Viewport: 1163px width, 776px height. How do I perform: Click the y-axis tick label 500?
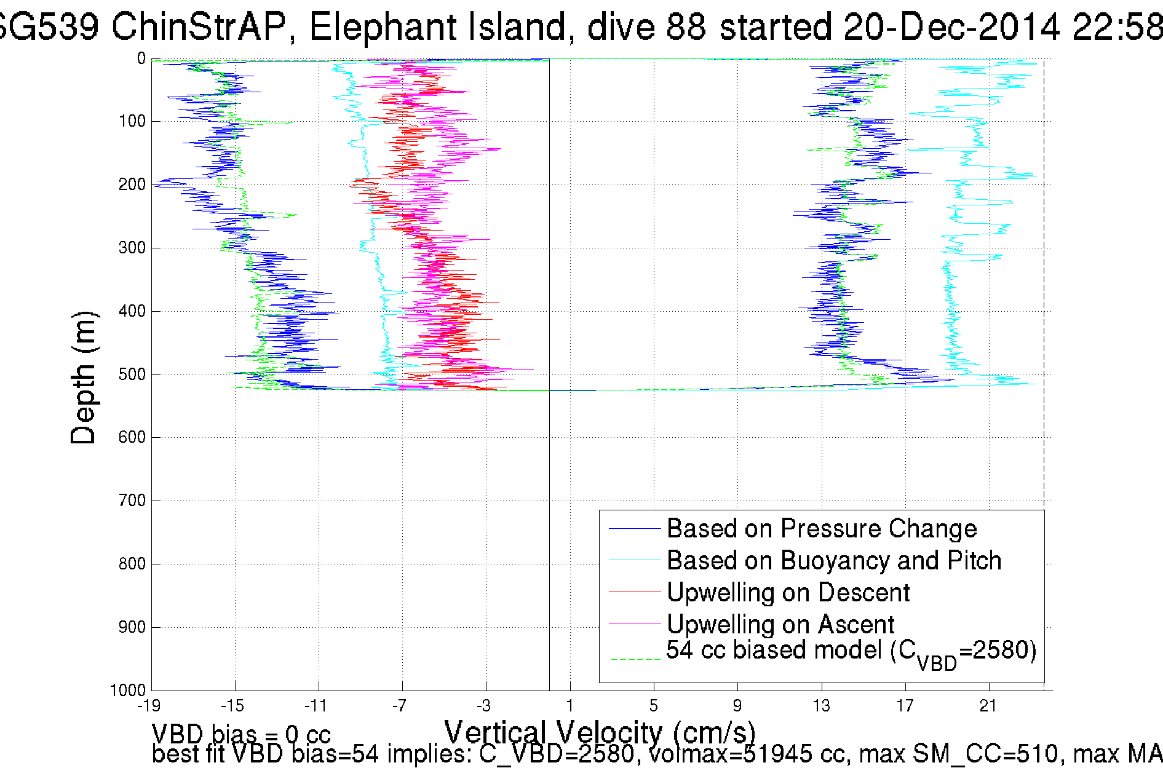pyautogui.click(x=132, y=374)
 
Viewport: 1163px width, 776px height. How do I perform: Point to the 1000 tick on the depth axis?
pyautogui.click(x=128, y=690)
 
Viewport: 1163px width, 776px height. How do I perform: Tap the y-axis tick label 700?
pyautogui.click(x=132, y=500)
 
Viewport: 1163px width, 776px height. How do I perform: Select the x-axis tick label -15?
pyautogui.click(x=232, y=705)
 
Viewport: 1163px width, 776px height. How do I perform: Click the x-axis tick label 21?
pyautogui.click(x=988, y=705)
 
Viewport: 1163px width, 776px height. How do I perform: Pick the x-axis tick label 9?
pyautogui.click(x=737, y=705)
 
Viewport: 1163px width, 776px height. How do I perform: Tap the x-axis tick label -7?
pyautogui.click(x=400, y=705)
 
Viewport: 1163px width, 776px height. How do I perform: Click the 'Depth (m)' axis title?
pyautogui.click(x=83, y=378)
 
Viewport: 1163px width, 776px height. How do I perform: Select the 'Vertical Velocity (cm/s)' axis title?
pyautogui.click(x=599, y=732)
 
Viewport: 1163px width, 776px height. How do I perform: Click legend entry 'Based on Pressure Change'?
pyautogui.click(x=822, y=528)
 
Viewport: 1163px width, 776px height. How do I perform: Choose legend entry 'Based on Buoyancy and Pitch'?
pyautogui.click(x=834, y=560)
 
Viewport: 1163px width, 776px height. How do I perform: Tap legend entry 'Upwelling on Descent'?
pyautogui.click(x=788, y=592)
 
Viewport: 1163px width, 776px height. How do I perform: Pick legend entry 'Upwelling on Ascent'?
pyautogui.click(x=780, y=624)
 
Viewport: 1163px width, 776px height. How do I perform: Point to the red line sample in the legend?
pyautogui.click(x=634, y=592)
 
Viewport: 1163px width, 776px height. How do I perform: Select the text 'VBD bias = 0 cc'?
pyautogui.click(x=241, y=734)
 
